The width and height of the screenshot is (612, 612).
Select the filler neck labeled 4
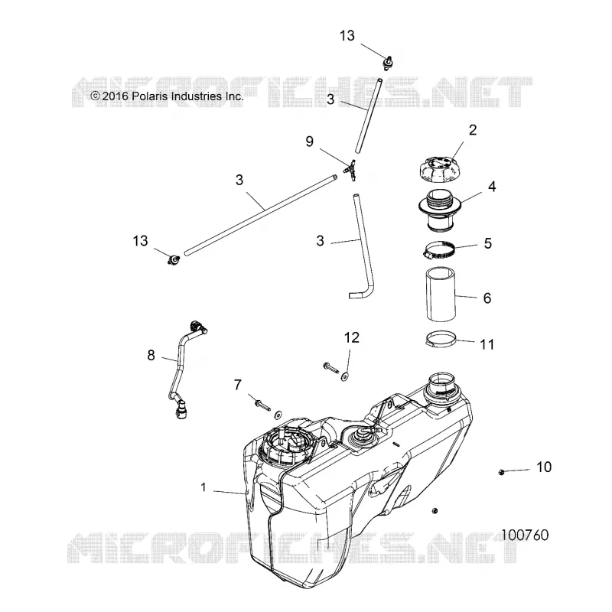click(x=440, y=210)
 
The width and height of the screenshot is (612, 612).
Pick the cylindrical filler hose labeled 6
click(x=441, y=295)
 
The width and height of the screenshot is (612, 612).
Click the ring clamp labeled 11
click(x=441, y=339)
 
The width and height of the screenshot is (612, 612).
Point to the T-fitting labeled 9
click(x=350, y=170)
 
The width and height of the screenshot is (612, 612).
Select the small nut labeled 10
click(x=502, y=472)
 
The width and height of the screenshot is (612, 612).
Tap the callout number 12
click(x=351, y=337)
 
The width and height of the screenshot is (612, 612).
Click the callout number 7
click(x=238, y=385)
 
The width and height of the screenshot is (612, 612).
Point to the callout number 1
click(x=203, y=487)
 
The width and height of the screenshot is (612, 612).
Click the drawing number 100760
click(x=525, y=535)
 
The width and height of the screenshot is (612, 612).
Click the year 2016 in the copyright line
click(x=116, y=96)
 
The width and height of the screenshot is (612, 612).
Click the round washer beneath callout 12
click(x=345, y=376)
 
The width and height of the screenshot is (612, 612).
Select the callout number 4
click(x=492, y=187)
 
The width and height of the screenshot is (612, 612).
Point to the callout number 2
click(x=473, y=130)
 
